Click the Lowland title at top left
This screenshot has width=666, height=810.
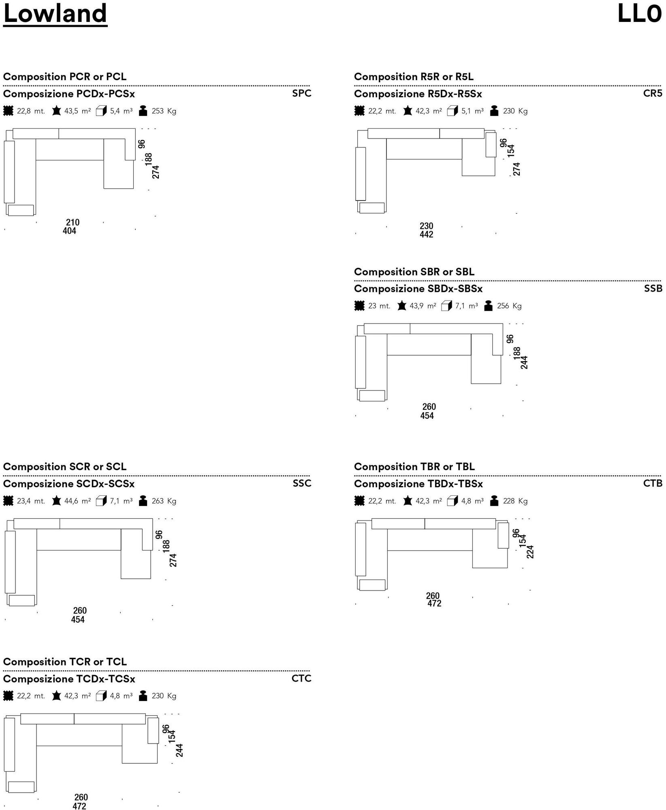[x=55, y=14]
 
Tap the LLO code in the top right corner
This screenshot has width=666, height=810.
[x=639, y=14]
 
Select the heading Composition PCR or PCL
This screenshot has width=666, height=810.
[x=65, y=77]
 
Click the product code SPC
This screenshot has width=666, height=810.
[x=302, y=93]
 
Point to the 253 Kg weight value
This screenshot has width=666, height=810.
[x=164, y=111]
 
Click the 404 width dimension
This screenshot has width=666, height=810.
[x=69, y=231]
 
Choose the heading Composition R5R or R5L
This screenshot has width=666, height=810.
[x=414, y=77]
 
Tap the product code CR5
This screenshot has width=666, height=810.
[x=653, y=93]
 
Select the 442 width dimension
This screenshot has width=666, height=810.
[x=426, y=234]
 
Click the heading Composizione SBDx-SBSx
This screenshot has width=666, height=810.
[x=418, y=289]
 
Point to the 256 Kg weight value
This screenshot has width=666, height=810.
[x=509, y=306]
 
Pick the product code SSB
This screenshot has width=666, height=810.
[x=653, y=288]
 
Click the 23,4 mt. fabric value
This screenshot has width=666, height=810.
[x=31, y=501]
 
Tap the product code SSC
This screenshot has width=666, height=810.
[x=302, y=483]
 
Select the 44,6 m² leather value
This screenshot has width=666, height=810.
[x=77, y=501]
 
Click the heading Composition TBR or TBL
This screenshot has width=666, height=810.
[x=414, y=467]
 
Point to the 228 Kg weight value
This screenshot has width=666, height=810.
[x=515, y=501]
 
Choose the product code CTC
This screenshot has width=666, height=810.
[x=301, y=678]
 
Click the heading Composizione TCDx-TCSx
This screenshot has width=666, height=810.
[x=69, y=679]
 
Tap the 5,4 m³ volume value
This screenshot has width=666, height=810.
[x=121, y=111]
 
